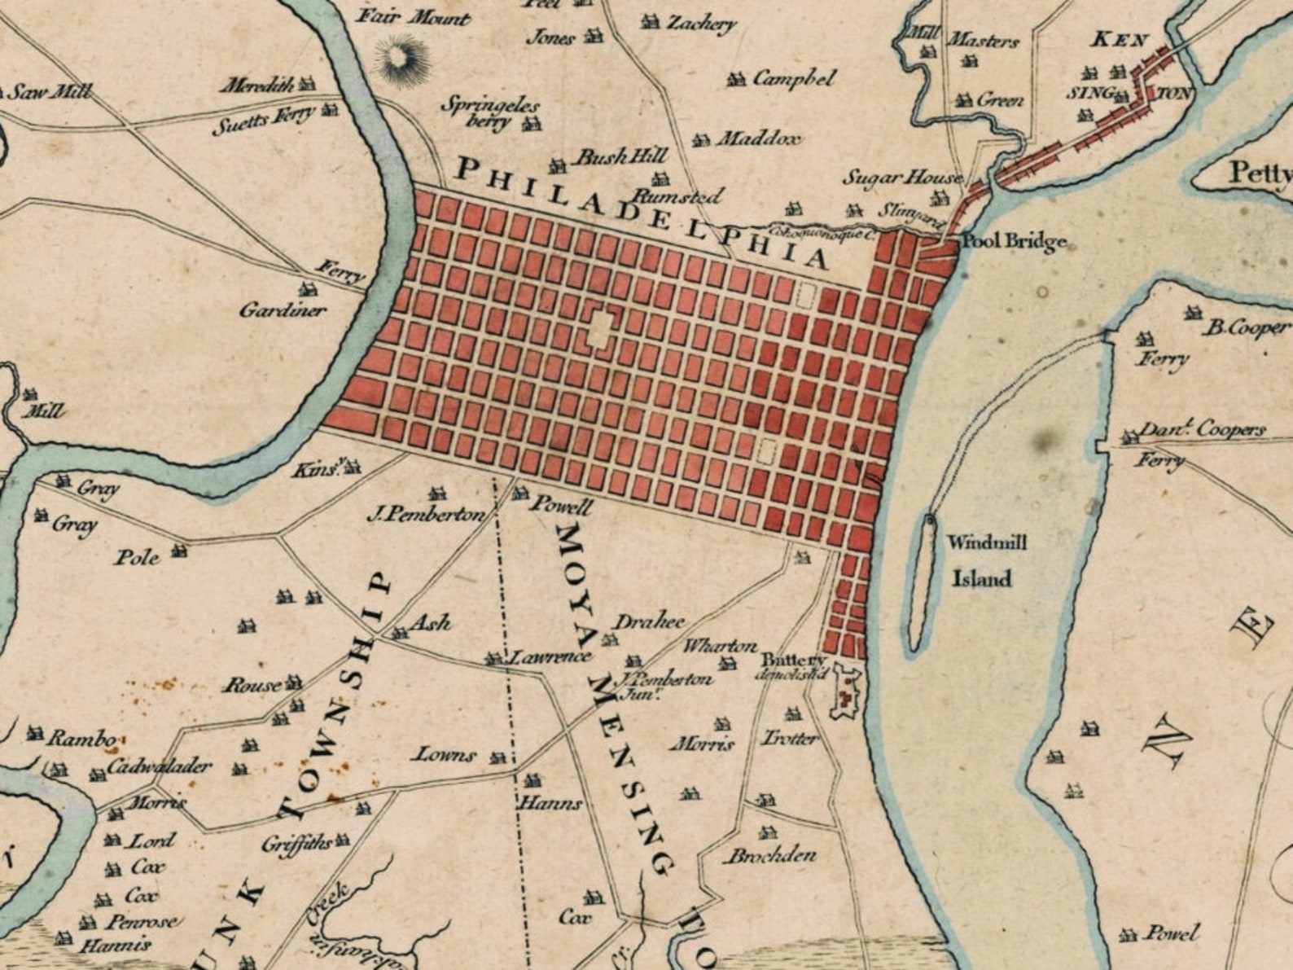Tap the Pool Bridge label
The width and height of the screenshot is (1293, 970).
[x=1014, y=241]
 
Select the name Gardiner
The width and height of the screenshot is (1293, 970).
[x=282, y=309]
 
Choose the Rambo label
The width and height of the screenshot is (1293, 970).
[x=81, y=739]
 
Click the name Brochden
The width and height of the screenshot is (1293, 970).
[x=770, y=855]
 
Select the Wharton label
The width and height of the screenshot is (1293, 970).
[x=719, y=646]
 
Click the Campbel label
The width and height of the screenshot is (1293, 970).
[x=794, y=79]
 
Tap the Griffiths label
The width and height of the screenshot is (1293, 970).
[x=296, y=844]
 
